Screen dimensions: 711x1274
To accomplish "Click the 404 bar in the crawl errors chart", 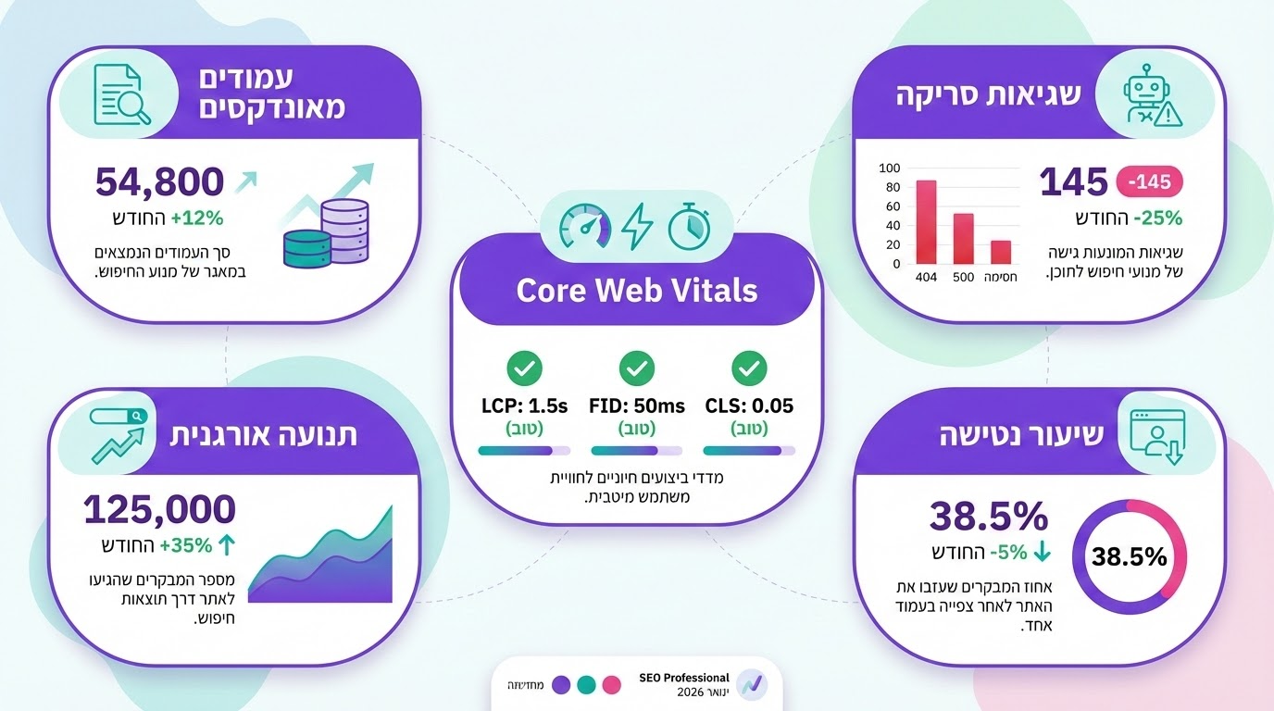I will coord(926,222).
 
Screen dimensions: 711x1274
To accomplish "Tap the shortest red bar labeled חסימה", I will coord(1001,252).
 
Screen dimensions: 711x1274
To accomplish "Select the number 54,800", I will coord(159,181).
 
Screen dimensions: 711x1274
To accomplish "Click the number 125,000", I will coord(159,510).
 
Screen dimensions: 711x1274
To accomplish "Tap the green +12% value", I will coord(197,218).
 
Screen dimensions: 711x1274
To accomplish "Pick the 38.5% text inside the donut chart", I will coord(1129,556).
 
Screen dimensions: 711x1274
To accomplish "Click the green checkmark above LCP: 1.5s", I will coord(525,368).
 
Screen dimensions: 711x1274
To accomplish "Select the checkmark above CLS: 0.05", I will coord(748,368).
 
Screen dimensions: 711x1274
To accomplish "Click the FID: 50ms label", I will coord(636,405).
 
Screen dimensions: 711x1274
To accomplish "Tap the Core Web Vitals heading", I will coord(636,291).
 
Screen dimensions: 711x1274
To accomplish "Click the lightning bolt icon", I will coord(636,226).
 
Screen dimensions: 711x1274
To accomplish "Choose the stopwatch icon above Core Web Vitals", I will coord(689,226).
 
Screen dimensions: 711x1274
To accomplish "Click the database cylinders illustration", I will coord(327,233).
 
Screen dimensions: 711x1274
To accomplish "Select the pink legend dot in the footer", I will coord(610,685).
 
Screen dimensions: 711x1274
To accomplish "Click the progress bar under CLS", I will coord(748,451).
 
